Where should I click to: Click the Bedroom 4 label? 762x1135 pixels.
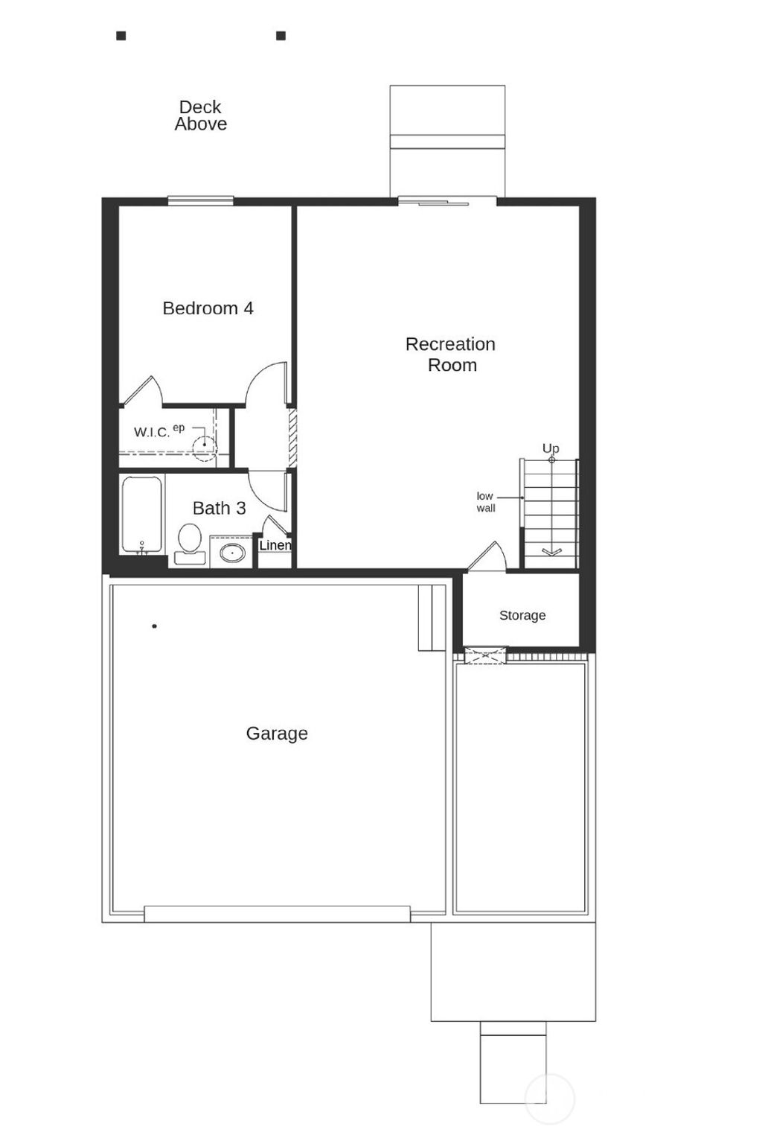pos(208,308)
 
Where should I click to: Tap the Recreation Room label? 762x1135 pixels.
pos(451,355)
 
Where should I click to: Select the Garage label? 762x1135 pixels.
pos(277,734)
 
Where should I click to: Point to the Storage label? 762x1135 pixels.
pos(522,615)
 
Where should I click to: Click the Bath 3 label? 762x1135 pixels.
pos(219,508)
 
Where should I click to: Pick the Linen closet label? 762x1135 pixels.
pos(275,545)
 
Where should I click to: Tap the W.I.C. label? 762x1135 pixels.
pos(152,433)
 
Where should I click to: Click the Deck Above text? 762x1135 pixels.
pos(200,116)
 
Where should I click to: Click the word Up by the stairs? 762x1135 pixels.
pos(551,448)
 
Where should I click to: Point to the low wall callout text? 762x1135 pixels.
pos(485,502)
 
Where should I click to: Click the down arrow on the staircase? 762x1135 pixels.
pos(551,551)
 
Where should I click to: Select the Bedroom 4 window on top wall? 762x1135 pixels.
pos(200,200)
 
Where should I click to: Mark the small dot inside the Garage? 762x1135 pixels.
pos(154,626)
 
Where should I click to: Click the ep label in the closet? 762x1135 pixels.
pos(179,427)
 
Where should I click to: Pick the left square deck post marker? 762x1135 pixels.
pos(121,36)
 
